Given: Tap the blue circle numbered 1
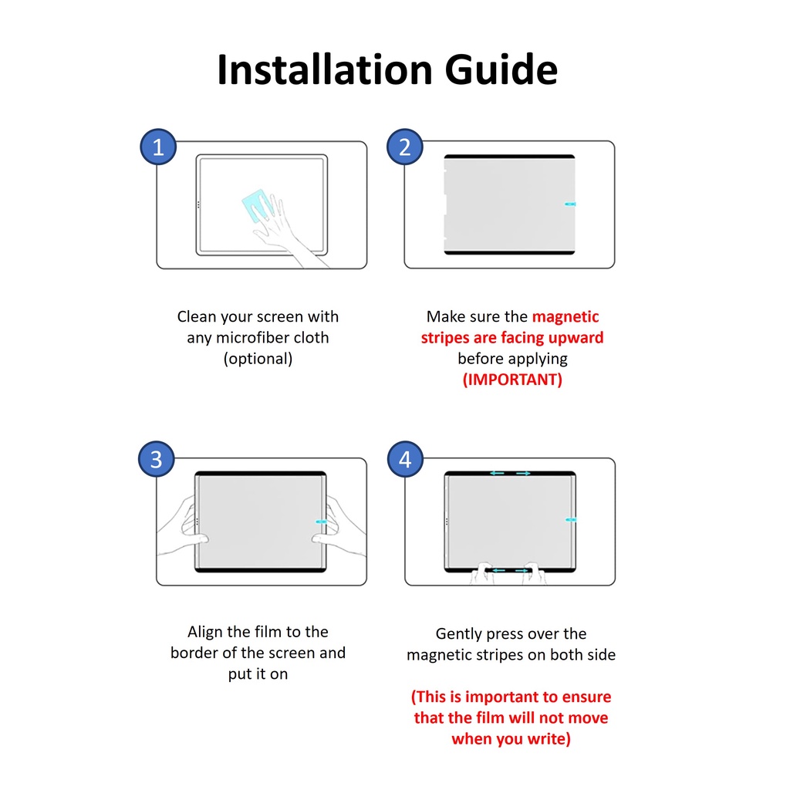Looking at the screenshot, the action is tap(158, 147).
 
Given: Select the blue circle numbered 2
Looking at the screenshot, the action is tap(404, 147).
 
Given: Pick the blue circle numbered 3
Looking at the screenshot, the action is tap(156, 459).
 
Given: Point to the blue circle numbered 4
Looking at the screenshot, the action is tap(405, 459).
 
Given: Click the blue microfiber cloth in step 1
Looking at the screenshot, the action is tap(258, 205).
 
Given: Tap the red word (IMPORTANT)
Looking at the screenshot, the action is tap(512, 380).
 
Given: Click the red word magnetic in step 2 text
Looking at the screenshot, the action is tap(565, 316).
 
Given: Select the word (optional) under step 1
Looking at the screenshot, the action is tap(258, 358).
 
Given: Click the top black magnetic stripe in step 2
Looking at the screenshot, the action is tap(509, 157).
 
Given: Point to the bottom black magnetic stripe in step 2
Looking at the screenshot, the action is tap(509, 252).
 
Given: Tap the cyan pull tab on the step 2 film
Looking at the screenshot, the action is tap(570, 204).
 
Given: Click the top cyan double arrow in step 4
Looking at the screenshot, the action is tap(510, 473).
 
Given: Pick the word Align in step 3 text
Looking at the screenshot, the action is tap(205, 632).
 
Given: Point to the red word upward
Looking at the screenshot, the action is tap(576, 338).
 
